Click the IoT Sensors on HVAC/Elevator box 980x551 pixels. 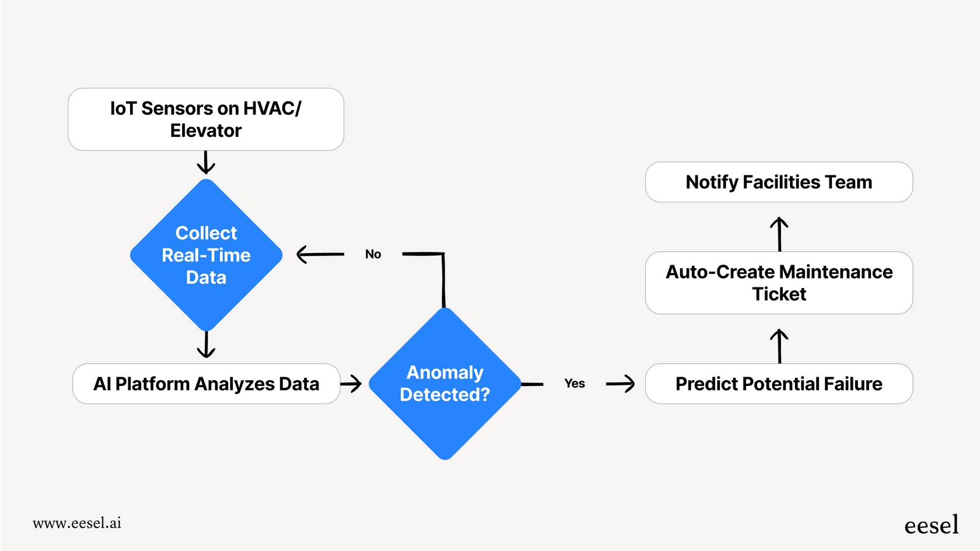pyautogui.click(x=205, y=120)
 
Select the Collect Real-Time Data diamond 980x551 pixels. pyautogui.click(x=206, y=255)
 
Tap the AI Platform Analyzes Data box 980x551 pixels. pyautogui.click(x=206, y=384)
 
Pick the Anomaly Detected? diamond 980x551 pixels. pyautogui.click(x=444, y=383)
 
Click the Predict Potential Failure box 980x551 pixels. pyautogui.click(x=779, y=384)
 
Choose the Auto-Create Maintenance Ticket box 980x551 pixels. pyautogui.click(x=779, y=283)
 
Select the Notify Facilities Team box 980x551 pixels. pyautogui.click(x=779, y=182)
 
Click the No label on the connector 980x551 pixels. pyautogui.click(x=373, y=254)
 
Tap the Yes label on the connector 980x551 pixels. pyautogui.click(x=575, y=384)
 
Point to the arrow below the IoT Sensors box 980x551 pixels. pyautogui.click(x=206, y=163)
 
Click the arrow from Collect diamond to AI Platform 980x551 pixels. pyautogui.click(x=206, y=345)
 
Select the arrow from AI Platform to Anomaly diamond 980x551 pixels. pyautogui.click(x=351, y=384)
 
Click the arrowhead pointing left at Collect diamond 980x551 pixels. pyautogui.click(x=304, y=254)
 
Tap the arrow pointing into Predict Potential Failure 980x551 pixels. pyautogui.click(x=621, y=384)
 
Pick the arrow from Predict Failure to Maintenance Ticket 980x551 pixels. pyautogui.click(x=779, y=346)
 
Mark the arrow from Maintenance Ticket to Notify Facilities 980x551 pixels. pyautogui.click(x=779, y=234)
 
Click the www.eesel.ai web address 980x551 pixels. pyautogui.click(x=77, y=523)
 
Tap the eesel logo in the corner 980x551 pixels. pyautogui.click(x=931, y=525)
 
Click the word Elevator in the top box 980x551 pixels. pyautogui.click(x=206, y=131)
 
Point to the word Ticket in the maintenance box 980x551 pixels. pyautogui.click(x=779, y=294)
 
